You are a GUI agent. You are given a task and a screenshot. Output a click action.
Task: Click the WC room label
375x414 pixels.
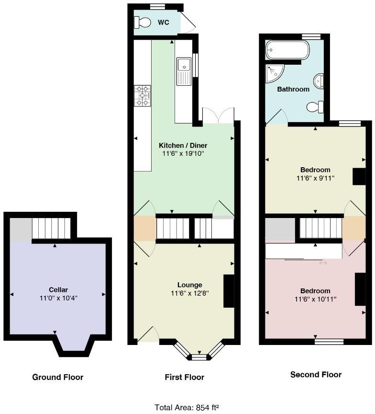164,22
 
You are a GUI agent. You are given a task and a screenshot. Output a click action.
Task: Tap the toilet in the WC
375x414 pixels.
143,22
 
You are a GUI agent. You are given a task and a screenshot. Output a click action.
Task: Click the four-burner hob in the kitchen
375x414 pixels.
143,94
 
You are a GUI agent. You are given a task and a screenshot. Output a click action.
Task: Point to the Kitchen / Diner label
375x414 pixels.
183,145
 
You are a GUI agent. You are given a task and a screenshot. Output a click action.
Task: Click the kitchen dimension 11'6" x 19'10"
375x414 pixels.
183,154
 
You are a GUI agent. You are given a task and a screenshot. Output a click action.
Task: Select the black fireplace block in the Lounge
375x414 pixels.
229,291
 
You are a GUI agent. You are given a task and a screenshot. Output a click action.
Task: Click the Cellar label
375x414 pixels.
58,289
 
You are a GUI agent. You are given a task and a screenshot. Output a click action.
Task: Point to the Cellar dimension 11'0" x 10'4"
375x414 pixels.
58,298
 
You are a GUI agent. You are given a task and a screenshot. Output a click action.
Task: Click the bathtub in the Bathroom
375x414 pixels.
288,49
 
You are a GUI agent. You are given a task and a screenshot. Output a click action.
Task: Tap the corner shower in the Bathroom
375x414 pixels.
275,73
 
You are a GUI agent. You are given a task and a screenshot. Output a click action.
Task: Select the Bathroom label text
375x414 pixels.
293,89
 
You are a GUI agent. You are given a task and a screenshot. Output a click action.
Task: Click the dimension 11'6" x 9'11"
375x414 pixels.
315,178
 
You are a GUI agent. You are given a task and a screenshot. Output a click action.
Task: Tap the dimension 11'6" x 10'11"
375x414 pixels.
315,299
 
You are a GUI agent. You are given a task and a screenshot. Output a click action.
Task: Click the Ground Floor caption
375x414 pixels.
58,377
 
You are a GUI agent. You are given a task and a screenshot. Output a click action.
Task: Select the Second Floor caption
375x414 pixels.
316,374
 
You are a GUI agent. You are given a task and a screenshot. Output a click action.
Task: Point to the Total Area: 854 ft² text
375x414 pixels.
187,407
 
